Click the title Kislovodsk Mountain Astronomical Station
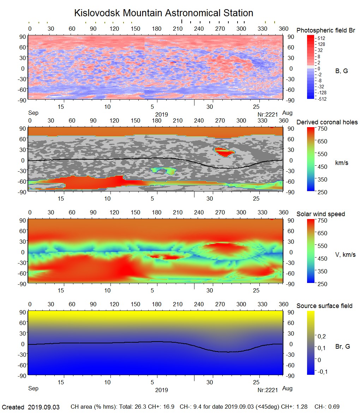click(163, 13)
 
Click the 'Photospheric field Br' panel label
click(326, 30)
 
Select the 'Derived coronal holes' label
click(327, 122)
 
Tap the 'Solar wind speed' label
click(320, 214)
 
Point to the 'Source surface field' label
click(324, 306)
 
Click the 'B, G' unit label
click(341, 71)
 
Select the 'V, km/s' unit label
click(345, 255)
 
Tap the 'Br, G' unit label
click(343, 347)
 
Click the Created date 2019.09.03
click(44, 407)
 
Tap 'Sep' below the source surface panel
click(33, 389)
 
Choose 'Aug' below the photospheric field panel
click(288, 113)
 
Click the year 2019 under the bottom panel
click(161, 390)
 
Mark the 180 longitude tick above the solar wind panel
click(157, 213)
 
